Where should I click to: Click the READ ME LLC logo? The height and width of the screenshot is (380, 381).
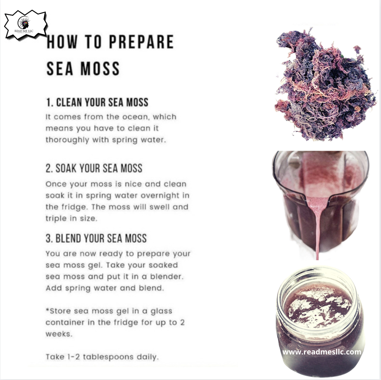pyautogui.click(x=26, y=25)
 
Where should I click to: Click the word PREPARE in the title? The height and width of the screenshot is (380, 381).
pyautogui.click(x=141, y=42)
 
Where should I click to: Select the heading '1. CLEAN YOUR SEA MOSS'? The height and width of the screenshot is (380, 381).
pyautogui.click(x=97, y=102)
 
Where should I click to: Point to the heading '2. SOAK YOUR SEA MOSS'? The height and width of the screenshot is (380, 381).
pyautogui.click(x=94, y=168)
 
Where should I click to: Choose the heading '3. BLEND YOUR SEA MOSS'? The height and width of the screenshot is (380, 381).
pyautogui.click(x=96, y=238)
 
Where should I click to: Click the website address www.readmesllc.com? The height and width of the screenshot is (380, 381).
pyautogui.click(x=322, y=352)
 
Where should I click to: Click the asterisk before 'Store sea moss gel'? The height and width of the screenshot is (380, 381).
pyautogui.click(x=48, y=310)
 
